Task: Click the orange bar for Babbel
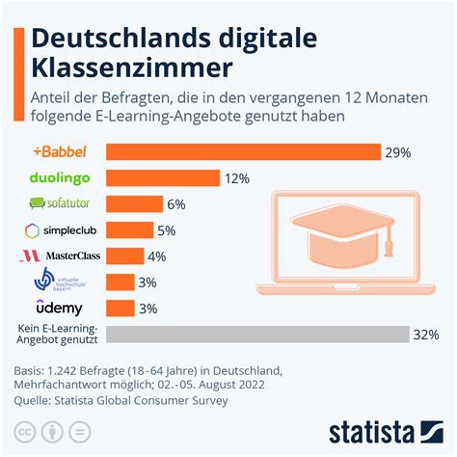[243, 151]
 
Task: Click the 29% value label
[397, 151]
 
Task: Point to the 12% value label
[237, 178]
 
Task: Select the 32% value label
[425, 335]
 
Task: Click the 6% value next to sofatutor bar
[175, 204]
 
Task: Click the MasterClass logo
[60, 256]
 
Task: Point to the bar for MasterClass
[124, 256]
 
